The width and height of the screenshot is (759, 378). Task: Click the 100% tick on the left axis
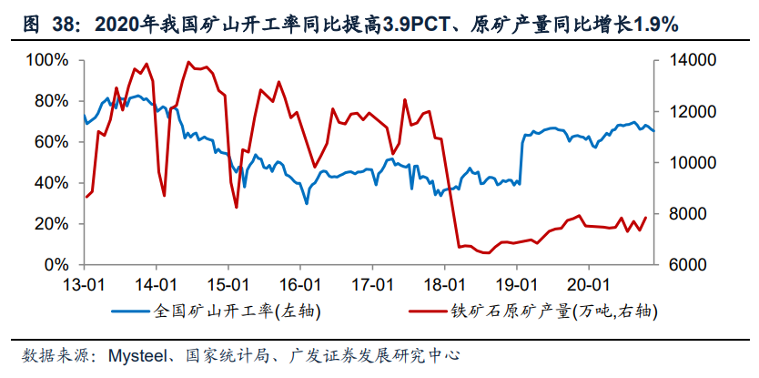pyautogui.click(x=48, y=60)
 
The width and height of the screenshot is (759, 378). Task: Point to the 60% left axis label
pyautogui.click(x=52, y=142)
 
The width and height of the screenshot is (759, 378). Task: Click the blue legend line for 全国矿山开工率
pyautogui.click(x=131, y=311)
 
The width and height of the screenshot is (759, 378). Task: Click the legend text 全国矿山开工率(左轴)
pyautogui.click(x=238, y=311)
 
